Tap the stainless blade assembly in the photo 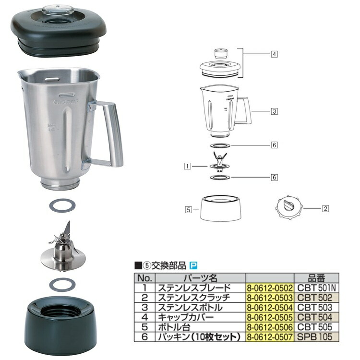(x=63, y=249)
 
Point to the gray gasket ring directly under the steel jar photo (x=62, y=205)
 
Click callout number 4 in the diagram (x=274, y=54)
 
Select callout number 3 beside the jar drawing (x=274, y=111)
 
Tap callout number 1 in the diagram (x=188, y=167)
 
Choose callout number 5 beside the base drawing (x=188, y=209)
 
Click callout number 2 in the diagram (x=325, y=208)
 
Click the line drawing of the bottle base (x=221, y=207)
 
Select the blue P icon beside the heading (x=193, y=265)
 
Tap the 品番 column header (x=316, y=278)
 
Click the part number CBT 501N (x=316, y=288)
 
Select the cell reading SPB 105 (x=316, y=337)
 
